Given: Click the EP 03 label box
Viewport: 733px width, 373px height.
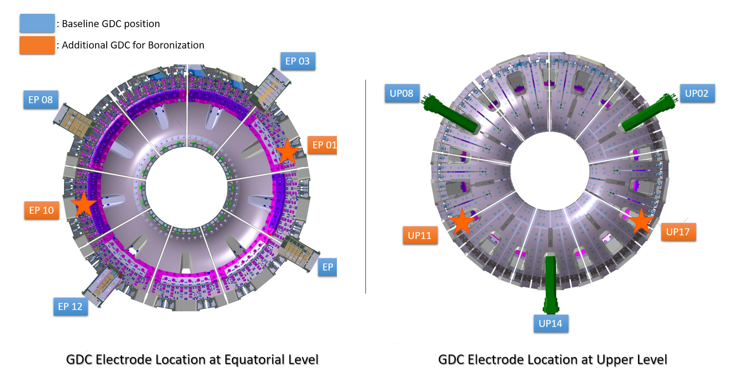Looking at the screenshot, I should pyautogui.click(x=298, y=61).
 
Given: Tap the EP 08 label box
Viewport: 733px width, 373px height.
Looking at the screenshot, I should pyautogui.click(x=41, y=99).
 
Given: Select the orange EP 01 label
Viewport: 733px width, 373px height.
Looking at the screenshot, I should pyautogui.click(x=323, y=145).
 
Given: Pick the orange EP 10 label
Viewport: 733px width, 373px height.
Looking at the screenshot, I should pyautogui.click(x=42, y=210).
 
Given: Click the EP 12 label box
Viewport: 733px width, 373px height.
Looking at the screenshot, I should pyautogui.click(x=70, y=306).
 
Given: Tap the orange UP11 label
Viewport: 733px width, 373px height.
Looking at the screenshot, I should pyautogui.click(x=420, y=235).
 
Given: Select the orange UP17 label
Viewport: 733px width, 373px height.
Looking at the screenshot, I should pyautogui.click(x=678, y=232).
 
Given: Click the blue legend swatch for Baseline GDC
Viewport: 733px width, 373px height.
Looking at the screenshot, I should pyautogui.click(x=37, y=23).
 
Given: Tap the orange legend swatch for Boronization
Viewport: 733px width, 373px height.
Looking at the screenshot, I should pyautogui.click(x=37, y=45).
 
